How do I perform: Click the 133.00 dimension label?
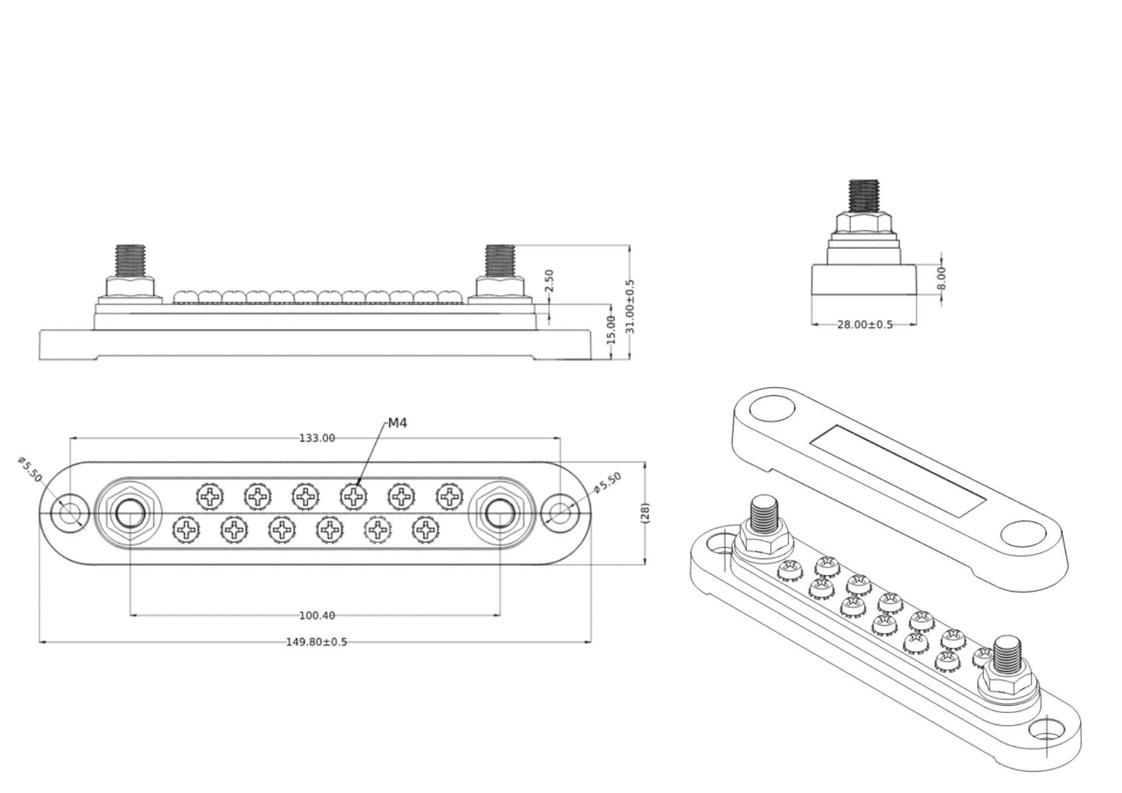pyautogui.click(x=317, y=438)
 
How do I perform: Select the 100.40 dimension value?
pyautogui.click(x=317, y=616)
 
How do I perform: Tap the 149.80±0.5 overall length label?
pyautogui.click(x=316, y=642)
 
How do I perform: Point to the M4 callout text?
pyautogui.click(x=397, y=423)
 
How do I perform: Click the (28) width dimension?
pyautogui.click(x=644, y=513)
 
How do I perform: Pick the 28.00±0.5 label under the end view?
pyautogui.click(x=865, y=325)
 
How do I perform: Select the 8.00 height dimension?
pyautogui.click(x=941, y=279)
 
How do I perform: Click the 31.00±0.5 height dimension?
pyautogui.click(x=630, y=307)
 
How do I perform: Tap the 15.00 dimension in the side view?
pyautogui.click(x=611, y=331)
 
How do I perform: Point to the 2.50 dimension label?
pyautogui.click(x=549, y=281)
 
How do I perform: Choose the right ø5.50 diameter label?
pyautogui.click(x=607, y=482)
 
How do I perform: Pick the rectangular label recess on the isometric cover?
pyautogui.click(x=897, y=471)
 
